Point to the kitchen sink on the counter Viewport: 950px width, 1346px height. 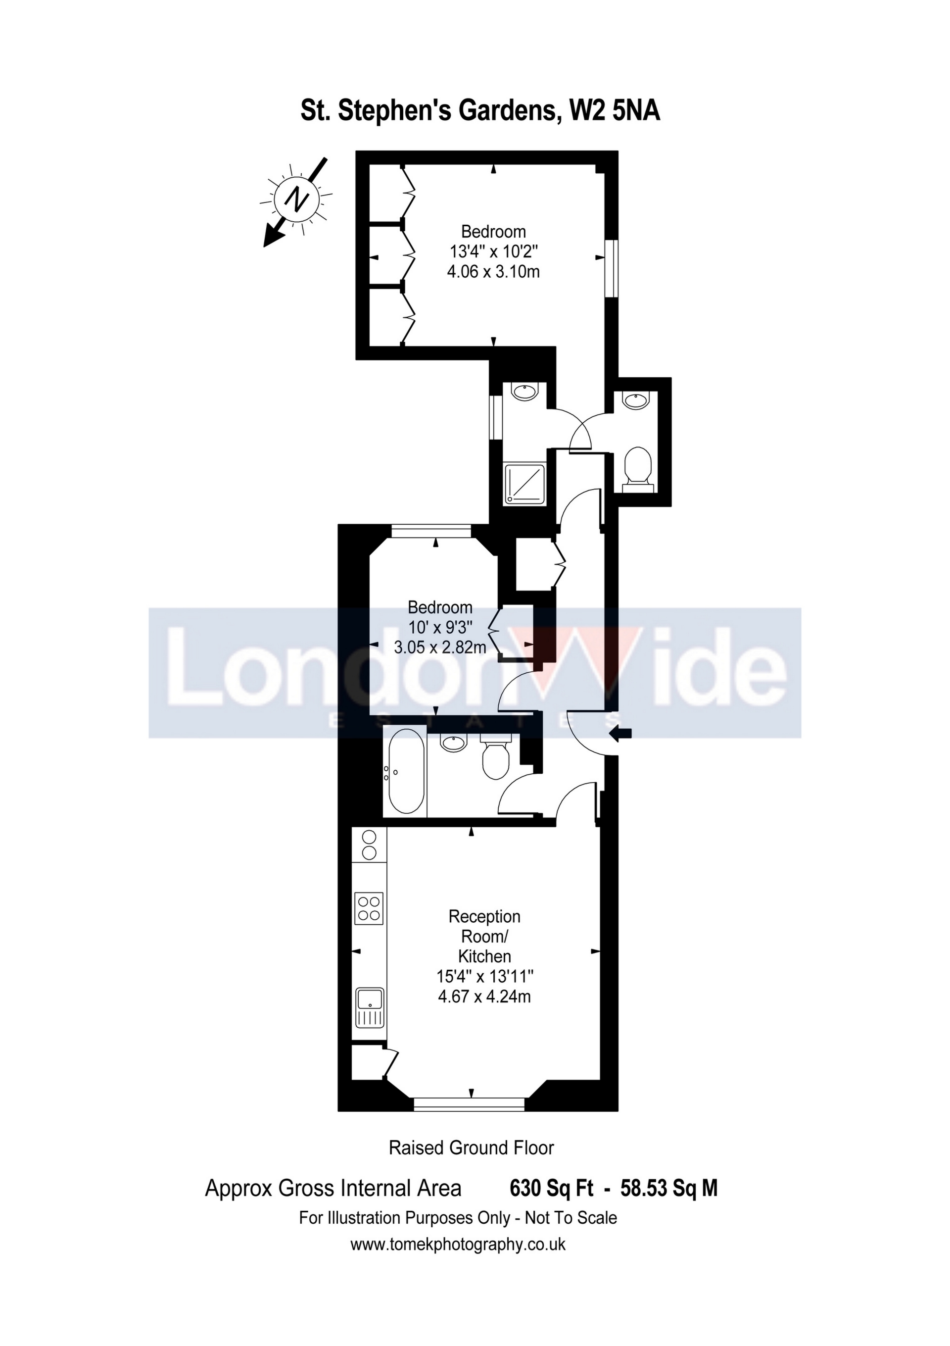click(369, 1006)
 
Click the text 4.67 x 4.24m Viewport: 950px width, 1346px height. click(484, 997)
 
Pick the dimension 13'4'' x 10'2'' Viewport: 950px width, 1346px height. click(493, 251)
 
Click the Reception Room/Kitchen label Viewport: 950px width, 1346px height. click(484, 936)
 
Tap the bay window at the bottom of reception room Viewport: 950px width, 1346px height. click(470, 1104)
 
